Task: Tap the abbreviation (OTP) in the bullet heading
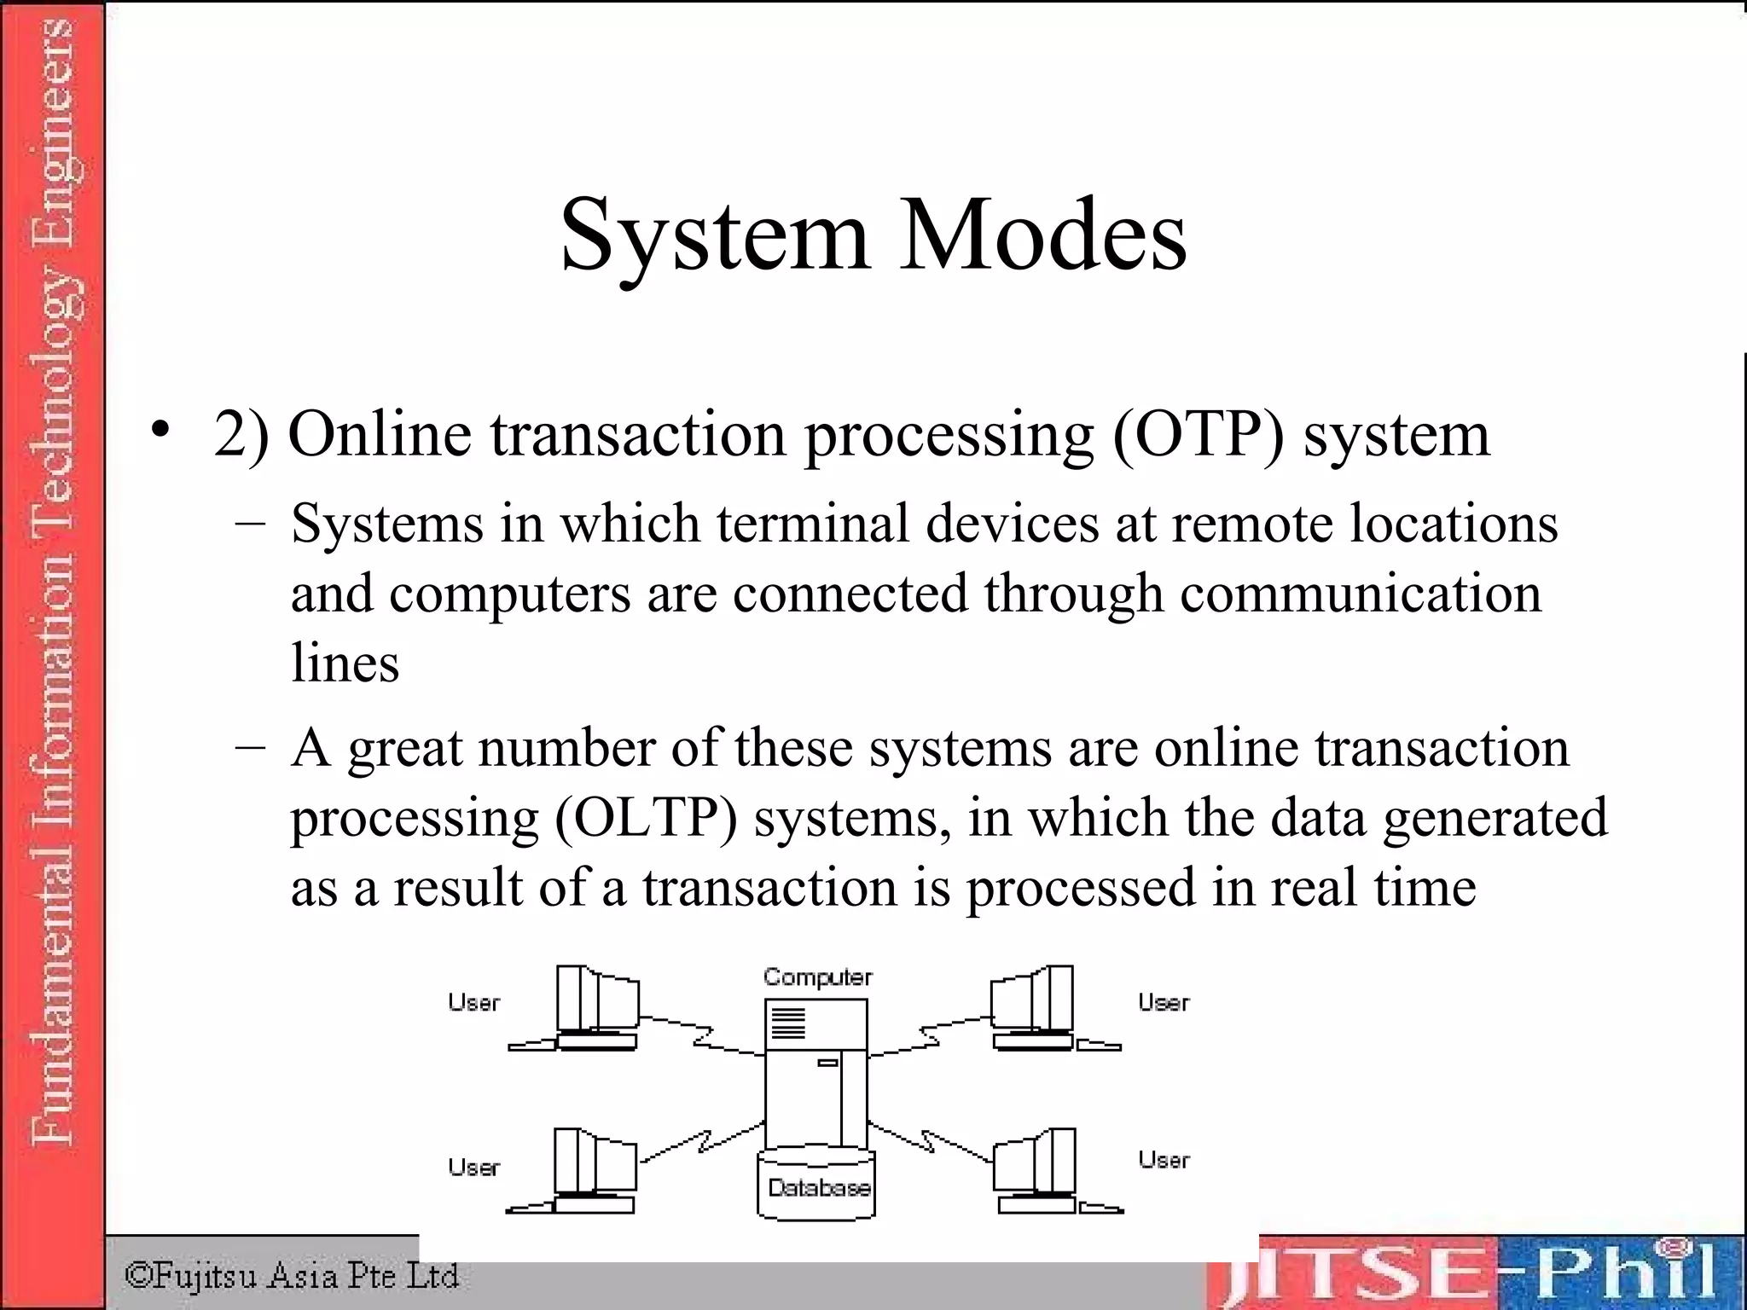[1198, 435]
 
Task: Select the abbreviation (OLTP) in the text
[646, 818]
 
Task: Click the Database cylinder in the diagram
[817, 1185]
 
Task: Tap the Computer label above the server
[817, 977]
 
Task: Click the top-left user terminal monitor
[597, 1000]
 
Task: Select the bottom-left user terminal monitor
[595, 1162]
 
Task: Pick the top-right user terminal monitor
[1033, 1000]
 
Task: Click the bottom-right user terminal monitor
[1035, 1162]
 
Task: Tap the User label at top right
[1164, 1003]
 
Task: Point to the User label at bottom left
[474, 1167]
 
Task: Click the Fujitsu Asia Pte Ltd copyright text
[292, 1276]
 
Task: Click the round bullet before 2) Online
[160, 432]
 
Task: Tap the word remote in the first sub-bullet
[1251, 523]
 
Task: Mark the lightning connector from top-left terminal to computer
[702, 1035]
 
